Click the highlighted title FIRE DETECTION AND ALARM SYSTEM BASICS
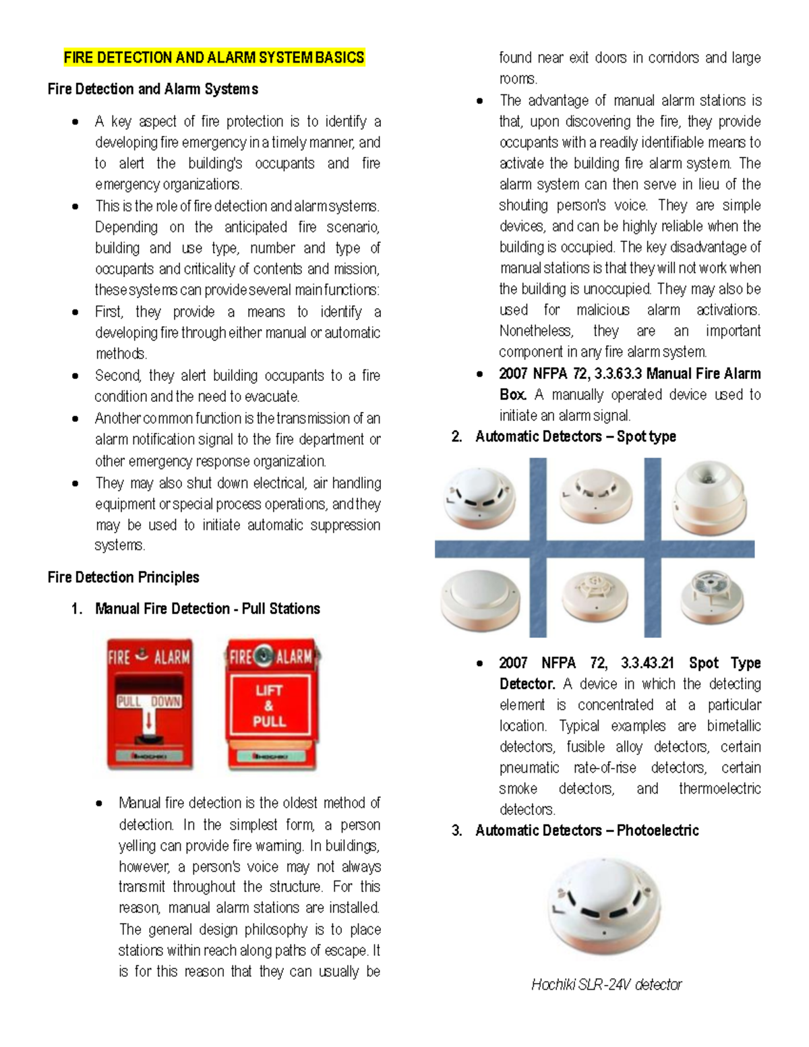214,57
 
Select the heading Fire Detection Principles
123,577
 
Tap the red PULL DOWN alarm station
150,705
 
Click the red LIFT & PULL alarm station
271,705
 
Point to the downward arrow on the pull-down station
149,722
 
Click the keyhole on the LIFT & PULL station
266,654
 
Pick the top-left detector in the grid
480,497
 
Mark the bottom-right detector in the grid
711,596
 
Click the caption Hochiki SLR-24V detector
606,984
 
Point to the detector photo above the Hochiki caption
604,905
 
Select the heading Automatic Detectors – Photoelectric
587,831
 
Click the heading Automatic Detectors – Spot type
575,437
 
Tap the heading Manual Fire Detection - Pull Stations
207,609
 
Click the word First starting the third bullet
109,312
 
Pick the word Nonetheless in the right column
536,331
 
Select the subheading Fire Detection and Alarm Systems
152,89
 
